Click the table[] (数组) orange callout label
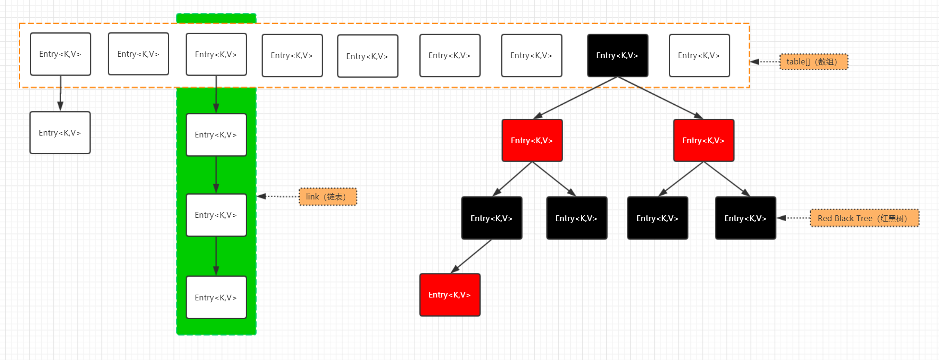[814, 62]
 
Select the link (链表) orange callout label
[328, 197]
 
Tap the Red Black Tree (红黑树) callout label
[864, 218]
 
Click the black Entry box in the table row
[617, 55]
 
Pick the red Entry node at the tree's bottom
[450, 295]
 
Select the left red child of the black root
[532, 140]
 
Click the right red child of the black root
[703, 140]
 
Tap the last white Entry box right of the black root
[699, 55]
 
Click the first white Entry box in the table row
[60, 54]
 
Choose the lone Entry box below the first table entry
[60, 133]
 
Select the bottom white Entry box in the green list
[216, 297]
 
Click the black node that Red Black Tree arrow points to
[745, 218]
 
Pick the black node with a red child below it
[491, 218]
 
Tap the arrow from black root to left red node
[575, 98]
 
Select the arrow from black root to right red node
[660, 98]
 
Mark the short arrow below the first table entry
[60, 93]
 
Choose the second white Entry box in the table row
[138, 54]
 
